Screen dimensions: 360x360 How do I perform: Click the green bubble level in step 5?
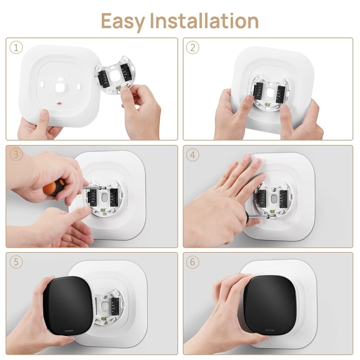tap(103, 319)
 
